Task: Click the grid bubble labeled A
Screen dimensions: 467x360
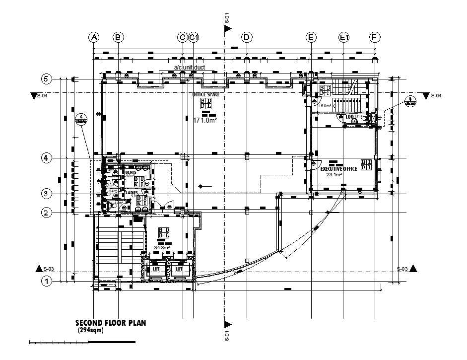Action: point(94,37)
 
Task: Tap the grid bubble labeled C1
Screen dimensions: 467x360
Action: point(194,37)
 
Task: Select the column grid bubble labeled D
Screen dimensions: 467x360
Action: point(246,37)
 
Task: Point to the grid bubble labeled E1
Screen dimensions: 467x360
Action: point(344,37)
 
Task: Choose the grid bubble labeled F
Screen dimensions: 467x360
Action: point(375,37)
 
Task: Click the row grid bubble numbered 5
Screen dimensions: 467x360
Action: point(46,79)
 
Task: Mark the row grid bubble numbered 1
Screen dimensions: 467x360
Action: point(46,282)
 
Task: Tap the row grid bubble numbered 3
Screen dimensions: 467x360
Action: point(46,194)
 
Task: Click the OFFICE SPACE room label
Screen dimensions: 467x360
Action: point(206,94)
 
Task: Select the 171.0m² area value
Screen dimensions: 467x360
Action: point(206,120)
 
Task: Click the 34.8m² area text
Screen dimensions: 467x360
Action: point(162,247)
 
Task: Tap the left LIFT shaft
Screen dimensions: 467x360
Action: point(155,269)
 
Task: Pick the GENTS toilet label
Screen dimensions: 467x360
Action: point(131,172)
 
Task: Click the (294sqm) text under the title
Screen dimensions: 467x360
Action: point(90,330)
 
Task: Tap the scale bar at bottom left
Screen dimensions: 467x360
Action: point(82,342)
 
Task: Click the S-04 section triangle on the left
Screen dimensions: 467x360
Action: point(34,96)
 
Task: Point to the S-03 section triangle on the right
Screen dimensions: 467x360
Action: point(413,269)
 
